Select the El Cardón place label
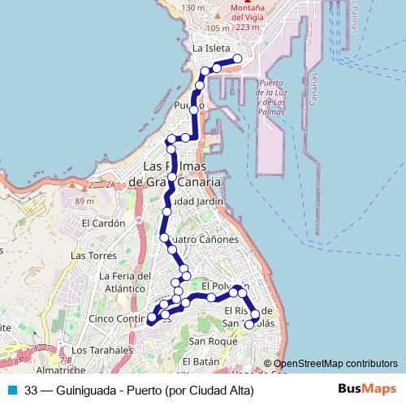[x=102, y=223]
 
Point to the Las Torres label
[x=89, y=255]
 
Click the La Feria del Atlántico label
[x=126, y=281]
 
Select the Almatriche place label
[x=61, y=370]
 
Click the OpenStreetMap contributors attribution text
[x=335, y=364]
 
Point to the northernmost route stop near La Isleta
[x=238, y=59]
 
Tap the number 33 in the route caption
[x=31, y=391]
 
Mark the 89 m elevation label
[x=84, y=201]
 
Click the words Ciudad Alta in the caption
[x=220, y=391]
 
